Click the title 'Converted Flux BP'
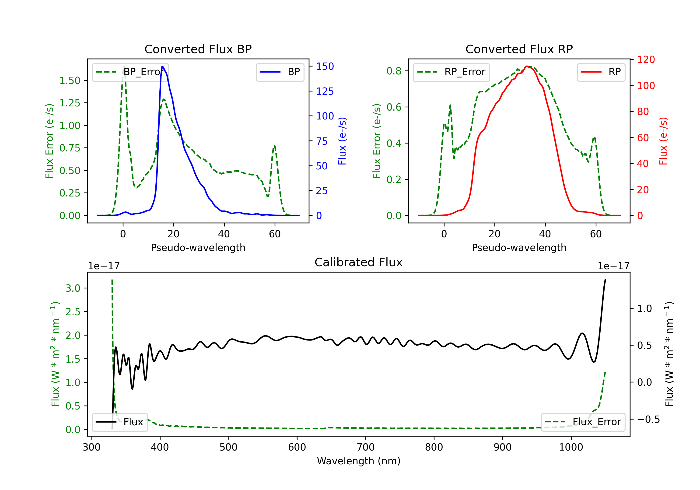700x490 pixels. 198,49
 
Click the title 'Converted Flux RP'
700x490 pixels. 519,49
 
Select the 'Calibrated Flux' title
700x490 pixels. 359,262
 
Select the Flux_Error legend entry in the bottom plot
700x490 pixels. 583,422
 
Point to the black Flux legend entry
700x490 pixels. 120,422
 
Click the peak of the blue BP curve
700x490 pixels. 162,66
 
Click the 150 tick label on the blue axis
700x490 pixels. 325,66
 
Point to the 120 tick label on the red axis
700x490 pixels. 646,59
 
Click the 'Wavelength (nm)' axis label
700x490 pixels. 359,461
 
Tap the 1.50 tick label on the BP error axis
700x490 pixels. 70,80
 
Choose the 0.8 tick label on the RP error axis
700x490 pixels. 394,71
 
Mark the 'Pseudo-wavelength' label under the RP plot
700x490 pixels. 519,248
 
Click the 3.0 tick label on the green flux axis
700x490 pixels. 73,288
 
